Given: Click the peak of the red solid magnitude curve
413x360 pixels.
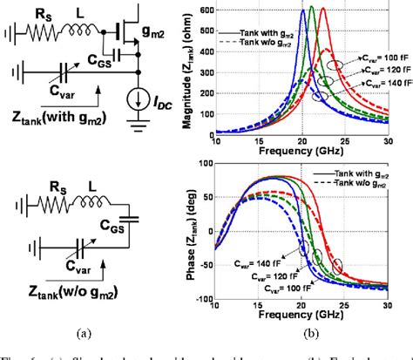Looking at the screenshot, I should pos(323,9).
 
